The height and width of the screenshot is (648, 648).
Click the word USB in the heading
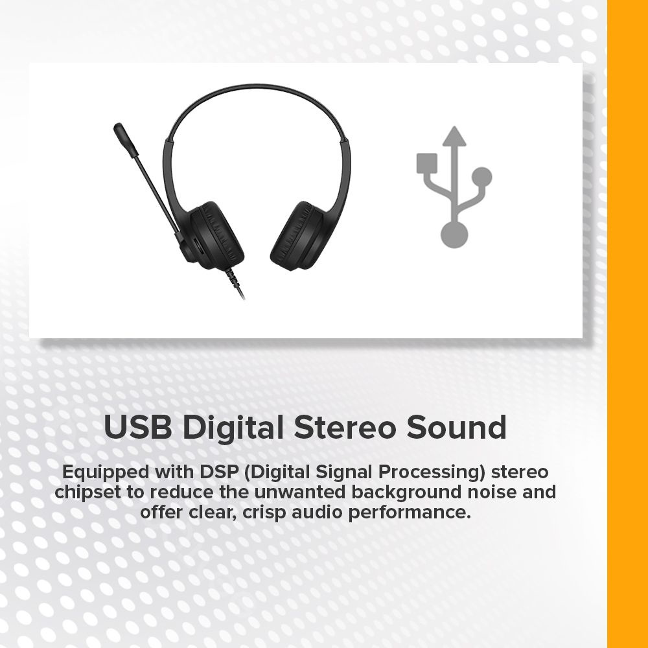pos(137,427)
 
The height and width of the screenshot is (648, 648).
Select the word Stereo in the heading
pos(344,427)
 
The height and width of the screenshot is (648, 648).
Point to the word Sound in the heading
pos(456,427)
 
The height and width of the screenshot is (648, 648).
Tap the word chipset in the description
pos(88,492)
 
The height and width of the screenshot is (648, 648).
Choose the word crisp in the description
pos(264,513)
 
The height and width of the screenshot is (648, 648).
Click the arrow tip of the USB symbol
pos(454,127)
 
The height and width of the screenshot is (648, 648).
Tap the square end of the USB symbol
pos(427,163)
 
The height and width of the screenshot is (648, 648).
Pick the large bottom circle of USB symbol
pos(454,235)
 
